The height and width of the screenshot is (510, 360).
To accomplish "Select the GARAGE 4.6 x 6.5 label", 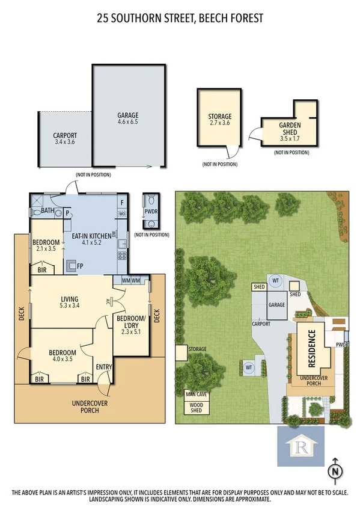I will click(x=128, y=118).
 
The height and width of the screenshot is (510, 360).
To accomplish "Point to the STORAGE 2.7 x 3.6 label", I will click(x=219, y=120).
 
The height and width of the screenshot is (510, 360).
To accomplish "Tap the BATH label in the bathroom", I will click(x=47, y=210).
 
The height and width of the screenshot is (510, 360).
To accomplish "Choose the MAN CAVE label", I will click(x=196, y=395).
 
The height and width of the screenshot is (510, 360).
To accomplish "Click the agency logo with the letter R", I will click(x=301, y=447).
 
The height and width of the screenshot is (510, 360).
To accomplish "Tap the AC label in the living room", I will click(x=106, y=301).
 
